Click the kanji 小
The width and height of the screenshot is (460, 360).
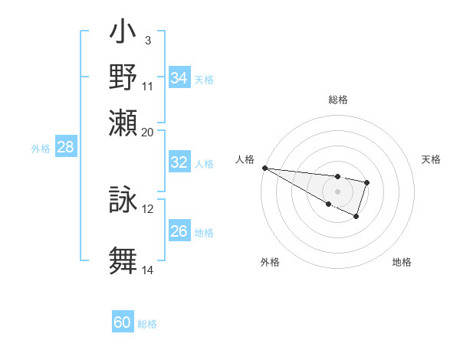tap(123, 34)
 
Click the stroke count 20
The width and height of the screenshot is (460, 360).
tap(148, 131)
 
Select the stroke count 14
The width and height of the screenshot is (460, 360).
tap(148, 270)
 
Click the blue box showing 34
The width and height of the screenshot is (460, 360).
tap(179, 78)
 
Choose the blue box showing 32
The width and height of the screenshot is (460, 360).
tap(179, 162)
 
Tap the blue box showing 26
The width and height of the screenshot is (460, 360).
tap(179, 231)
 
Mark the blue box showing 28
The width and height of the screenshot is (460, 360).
tap(66, 148)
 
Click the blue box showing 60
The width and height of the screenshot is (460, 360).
tap(123, 322)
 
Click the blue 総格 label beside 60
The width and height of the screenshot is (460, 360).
tap(147, 324)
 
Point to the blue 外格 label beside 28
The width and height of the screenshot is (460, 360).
tap(41, 149)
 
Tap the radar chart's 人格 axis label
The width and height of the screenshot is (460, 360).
tap(245, 159)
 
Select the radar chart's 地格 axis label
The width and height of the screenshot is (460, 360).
tap(402, 262)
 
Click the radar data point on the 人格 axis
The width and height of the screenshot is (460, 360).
tap(264, 168)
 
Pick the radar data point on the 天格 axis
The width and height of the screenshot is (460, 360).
tap(367, 182)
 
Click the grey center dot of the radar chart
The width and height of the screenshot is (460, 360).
tap(337, 191)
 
